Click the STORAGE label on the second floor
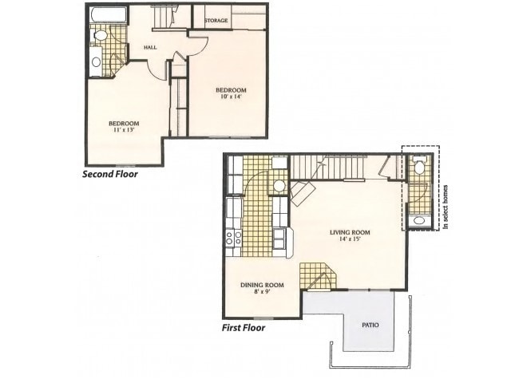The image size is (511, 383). coord(216,20)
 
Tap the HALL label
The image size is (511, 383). coord(149,47)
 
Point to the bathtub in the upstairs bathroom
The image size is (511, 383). coord(104,15)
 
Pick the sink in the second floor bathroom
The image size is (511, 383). coord(96,61)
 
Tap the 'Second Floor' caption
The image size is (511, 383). coord(111,173)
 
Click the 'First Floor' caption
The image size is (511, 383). coord(243,327)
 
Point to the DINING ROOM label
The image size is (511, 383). coord(262,285)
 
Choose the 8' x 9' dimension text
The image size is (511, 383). coord(263,293)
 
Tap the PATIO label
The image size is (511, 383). coord(370,325)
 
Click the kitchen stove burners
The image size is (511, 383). coord(233,236)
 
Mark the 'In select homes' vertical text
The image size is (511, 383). coord(446,206)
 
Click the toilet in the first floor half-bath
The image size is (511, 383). coord(419,168)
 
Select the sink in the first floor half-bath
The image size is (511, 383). coord(418,219)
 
